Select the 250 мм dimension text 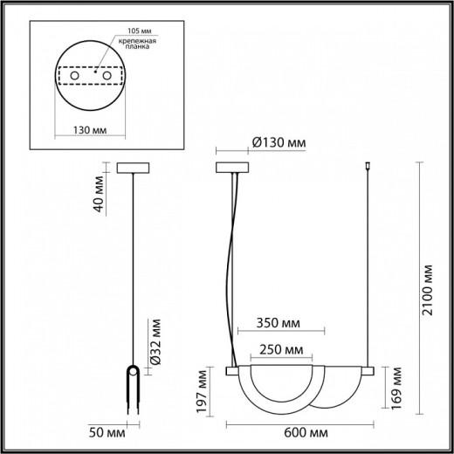(x=281, y=350)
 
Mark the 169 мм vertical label (x=398, y=380)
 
